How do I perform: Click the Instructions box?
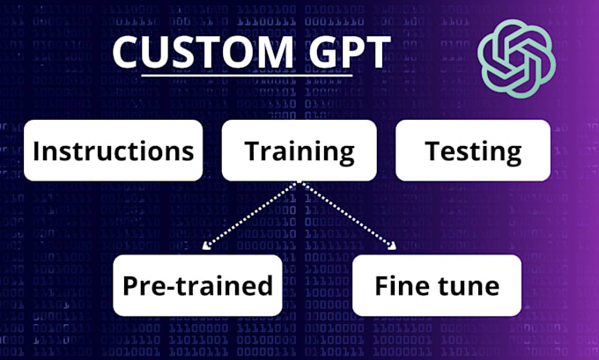pyautogui.click(x=113, y=151)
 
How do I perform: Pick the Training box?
pyautogui.click(x=299, y=151)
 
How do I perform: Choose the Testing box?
pyautogui.click(x=473, y=151)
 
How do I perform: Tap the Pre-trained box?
pyautogui.click(x=197, y=285)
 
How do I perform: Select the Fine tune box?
pyautogui.click(x=437, y=285)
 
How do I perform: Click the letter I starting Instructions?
pyautogui.click(x=36, y=151)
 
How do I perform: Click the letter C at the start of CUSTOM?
pyautogui.click(x=129, y=53)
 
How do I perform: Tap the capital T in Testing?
pyautogui.click(x=433, y=151)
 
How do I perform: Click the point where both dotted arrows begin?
pyautogui.click(x=300, y=183)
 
